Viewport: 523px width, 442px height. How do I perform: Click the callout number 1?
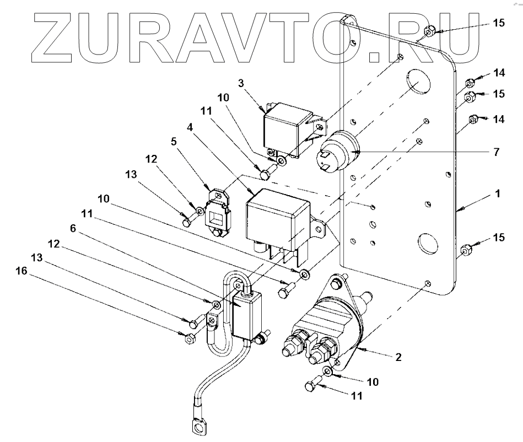point(497,194)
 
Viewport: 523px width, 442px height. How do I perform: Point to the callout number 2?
point(397,357)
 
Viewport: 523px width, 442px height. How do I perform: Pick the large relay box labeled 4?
point(276,218)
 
